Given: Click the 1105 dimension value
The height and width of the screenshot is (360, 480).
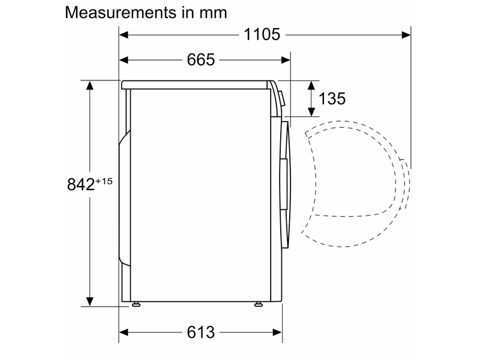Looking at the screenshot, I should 262,35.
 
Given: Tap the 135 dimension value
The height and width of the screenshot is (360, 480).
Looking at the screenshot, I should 332,98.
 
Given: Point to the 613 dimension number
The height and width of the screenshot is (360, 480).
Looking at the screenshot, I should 201,332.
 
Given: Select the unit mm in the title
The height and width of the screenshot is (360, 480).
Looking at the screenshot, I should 212,13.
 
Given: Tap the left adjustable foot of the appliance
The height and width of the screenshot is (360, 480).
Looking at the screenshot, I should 137,304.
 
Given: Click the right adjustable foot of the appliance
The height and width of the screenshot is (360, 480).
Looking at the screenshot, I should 259,304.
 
